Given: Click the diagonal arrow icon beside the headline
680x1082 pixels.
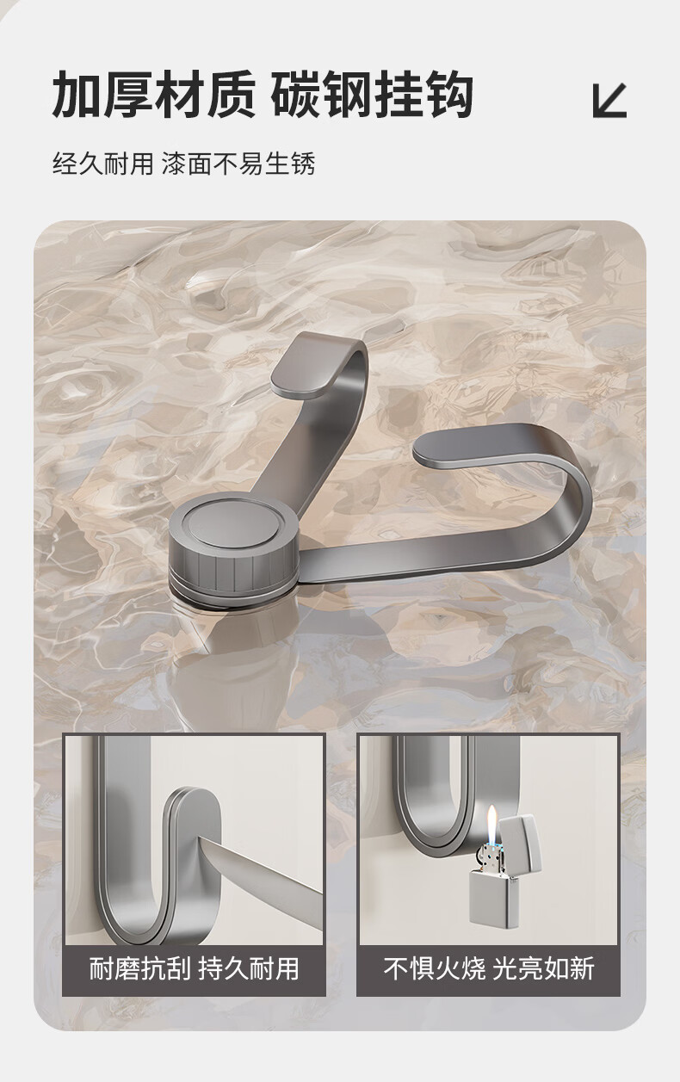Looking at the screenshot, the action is click(x=609, y=101).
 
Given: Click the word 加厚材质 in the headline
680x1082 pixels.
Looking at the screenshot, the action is click(x=153, y=94).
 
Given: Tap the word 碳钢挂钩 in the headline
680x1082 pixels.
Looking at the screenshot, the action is click(x=371, y=94).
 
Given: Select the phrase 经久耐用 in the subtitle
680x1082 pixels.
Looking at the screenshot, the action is click(x=102, y=164).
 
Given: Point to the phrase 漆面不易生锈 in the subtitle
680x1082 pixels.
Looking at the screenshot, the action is click(x=238, y=164).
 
